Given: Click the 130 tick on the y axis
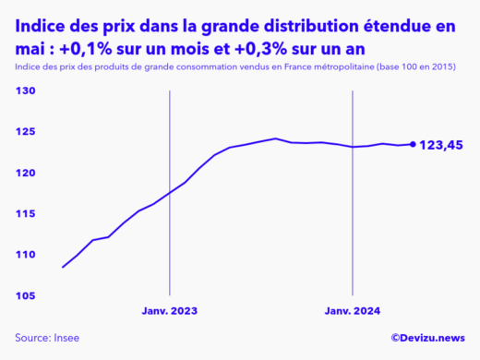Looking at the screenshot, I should pyautogui.click(x=25, y=91).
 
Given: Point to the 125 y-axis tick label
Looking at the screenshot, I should pyautogui.click(x=25, y=132).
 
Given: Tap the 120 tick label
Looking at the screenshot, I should pyautogui.click(x=25, y=173).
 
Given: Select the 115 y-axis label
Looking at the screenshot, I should pyautogui.click(x=25, y=213).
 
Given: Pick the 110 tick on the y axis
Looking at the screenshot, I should pyautogui.click(x=25, y=254).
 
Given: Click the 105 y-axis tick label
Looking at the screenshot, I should pyautogui.click(x=25, y=295).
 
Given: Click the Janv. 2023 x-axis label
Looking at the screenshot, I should pyautogui.click(x=169, y=311).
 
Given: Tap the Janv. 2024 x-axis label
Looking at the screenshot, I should pyautogui.click(x=353, y=311).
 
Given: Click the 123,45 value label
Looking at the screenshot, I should pyautogui.click(x=441, y=145).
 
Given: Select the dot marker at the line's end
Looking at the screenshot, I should pyautogui.click(x=413, y=144).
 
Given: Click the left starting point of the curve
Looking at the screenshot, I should pyautogui.click(x=63, y=267).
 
